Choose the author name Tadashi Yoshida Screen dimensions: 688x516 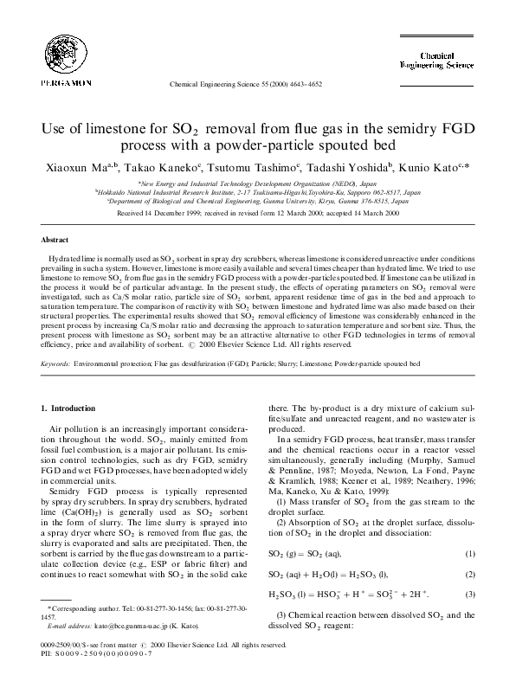[x=348, y=167]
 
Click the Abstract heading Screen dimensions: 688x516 [x=55, y=239]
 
